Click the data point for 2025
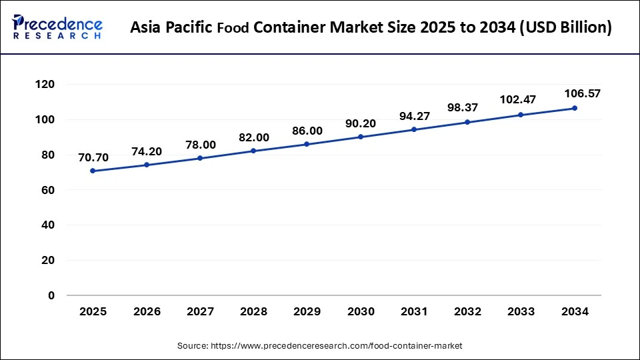pos(93,171)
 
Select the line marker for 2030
pos(361,137)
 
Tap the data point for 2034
pos(575,108)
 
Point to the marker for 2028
pos(253,151)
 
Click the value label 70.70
pos(93,157)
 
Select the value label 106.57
pos(582,93)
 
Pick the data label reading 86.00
pos(307,131)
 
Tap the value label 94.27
pos(414,116)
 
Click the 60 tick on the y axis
pos(47,190)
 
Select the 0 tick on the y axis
pos(51,295)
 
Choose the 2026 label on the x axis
pos(146,311)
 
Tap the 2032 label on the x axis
pos(467,311)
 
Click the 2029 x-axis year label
pos(307,311)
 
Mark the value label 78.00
pos(199,145)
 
